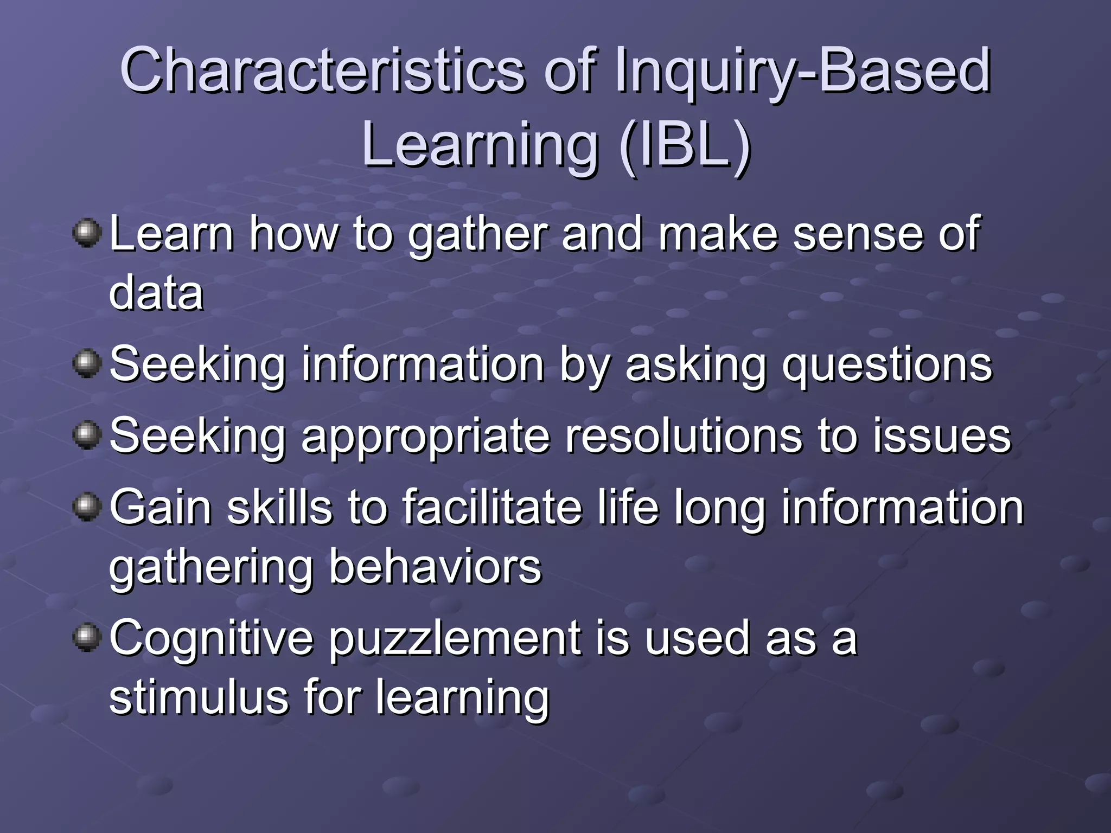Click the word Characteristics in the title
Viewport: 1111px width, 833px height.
(322, 71)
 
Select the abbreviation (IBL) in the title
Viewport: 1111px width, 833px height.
(685, 145)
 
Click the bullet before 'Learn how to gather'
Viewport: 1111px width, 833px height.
(87, 233)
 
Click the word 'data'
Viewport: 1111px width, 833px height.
(156, 293)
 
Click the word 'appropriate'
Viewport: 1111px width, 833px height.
(426, 438)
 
